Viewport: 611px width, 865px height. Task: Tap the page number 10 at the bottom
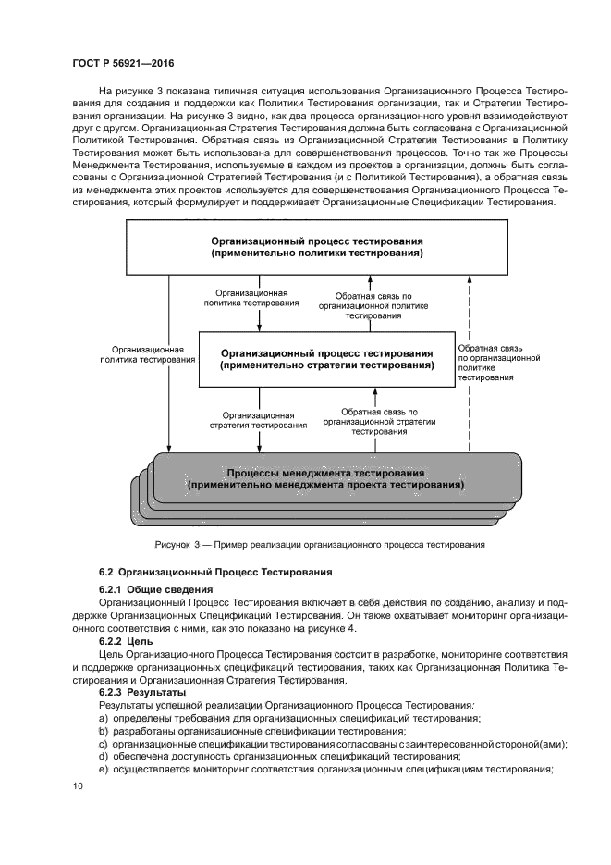79,786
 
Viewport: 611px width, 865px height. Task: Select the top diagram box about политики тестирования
317,246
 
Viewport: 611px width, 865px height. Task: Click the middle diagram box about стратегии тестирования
326,359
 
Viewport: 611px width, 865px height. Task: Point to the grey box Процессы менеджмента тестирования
325,478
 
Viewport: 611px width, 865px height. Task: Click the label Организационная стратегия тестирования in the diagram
264,420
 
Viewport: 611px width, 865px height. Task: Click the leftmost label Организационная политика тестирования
141,354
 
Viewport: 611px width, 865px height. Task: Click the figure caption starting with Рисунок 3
320,545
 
